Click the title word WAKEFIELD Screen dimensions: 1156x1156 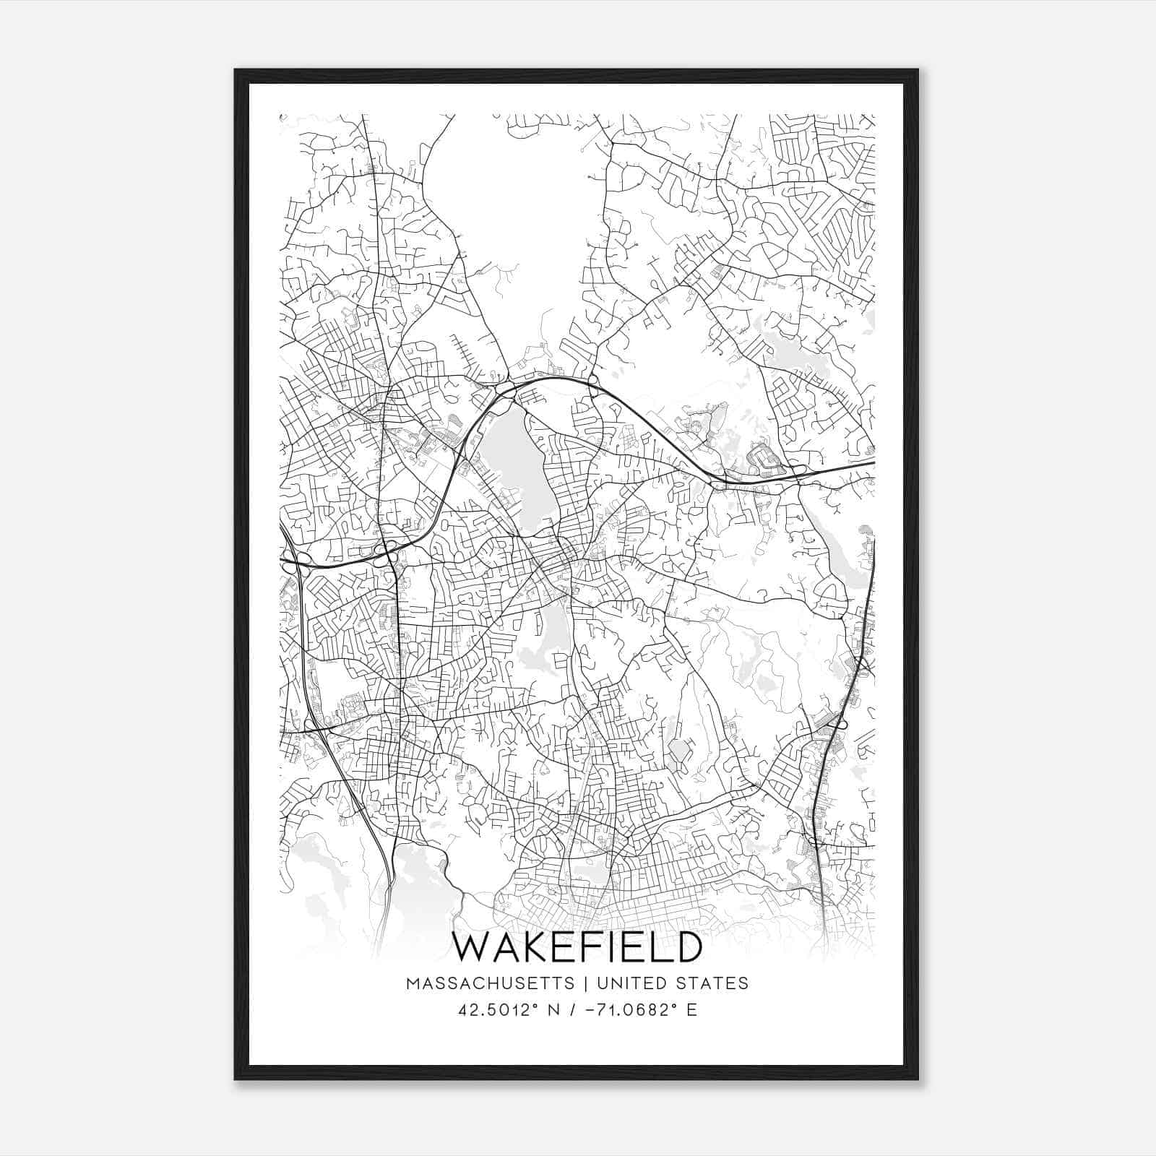coord(577,947)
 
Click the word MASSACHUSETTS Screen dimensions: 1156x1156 coord(491,983)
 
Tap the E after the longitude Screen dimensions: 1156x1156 coord(692,1010)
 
